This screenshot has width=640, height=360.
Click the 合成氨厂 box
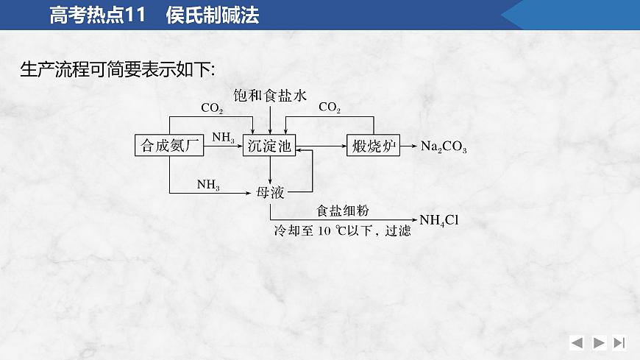click(169, 146)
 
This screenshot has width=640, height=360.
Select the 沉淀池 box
click(269, 146)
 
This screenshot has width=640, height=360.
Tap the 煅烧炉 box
click(373, 146)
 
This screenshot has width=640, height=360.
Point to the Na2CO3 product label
click(444, 147)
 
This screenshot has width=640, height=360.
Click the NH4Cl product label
click(439, 219)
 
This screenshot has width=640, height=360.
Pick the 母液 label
click(270, 192)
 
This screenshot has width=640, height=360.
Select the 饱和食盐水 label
click(270, 95)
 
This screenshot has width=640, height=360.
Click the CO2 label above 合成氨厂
click(212, 108)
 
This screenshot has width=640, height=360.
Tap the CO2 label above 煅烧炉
click(330, 108)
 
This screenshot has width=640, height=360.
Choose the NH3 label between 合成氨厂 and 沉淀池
click(224, 138)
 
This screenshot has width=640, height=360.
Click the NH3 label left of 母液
click(208, 185)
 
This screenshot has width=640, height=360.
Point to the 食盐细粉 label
click(343, 211)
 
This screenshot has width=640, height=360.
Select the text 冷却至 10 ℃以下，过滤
click(342, 230)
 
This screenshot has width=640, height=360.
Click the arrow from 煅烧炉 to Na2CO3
click(409, 146)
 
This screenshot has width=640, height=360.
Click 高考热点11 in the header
click(99, 15)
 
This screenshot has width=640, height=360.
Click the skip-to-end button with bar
click(619, 342)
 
